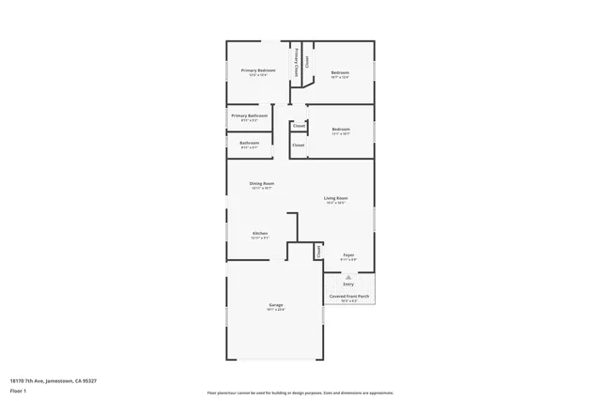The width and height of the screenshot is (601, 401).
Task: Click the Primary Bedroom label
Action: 257,70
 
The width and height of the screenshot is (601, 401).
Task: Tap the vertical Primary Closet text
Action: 298,62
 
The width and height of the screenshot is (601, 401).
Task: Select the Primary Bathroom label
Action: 249,116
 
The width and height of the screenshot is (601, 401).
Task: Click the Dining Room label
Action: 261,183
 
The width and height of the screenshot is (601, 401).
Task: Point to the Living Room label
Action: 335,198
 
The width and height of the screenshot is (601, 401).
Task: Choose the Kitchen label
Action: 260,233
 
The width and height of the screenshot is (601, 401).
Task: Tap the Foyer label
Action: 347,254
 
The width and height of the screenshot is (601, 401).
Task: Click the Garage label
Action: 276,304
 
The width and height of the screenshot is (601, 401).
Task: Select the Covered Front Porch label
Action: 348,296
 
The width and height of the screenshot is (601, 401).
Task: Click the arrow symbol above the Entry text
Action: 348,277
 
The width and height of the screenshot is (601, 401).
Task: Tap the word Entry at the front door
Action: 348,284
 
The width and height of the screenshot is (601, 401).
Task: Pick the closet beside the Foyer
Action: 318,252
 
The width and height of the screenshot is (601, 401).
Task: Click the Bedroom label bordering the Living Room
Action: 340,129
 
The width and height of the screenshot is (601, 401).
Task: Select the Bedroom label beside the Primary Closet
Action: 340,73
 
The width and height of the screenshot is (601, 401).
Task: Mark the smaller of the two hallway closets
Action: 299,125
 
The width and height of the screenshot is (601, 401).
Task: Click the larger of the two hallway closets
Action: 298,146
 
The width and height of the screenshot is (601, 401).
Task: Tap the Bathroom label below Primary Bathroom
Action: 249,143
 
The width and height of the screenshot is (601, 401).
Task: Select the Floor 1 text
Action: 19,390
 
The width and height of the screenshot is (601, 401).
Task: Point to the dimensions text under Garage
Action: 276,309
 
